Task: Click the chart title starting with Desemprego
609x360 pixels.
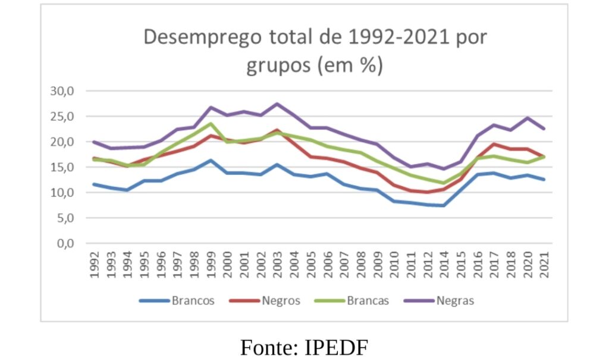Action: tap(315, 51)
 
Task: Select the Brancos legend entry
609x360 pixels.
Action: tap(193, 300)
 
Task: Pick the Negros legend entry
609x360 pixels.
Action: tap(281, 300)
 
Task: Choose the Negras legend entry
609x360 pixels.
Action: tap(455, 300)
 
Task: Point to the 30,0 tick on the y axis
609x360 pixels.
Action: tap(61, 91)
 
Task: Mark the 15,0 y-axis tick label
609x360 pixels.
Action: tap(61, 167)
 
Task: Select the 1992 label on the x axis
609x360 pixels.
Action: tap(94, 264)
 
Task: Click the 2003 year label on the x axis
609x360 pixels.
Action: tap(277, 264)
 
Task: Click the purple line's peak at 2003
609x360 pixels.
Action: tap(277, 104)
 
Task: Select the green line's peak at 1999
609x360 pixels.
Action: tap(211, 124)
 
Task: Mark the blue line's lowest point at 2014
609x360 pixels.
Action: tap(444, 205)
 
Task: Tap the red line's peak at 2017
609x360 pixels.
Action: tap(494, 144)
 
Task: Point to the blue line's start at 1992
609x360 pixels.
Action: tap(94, 184)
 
